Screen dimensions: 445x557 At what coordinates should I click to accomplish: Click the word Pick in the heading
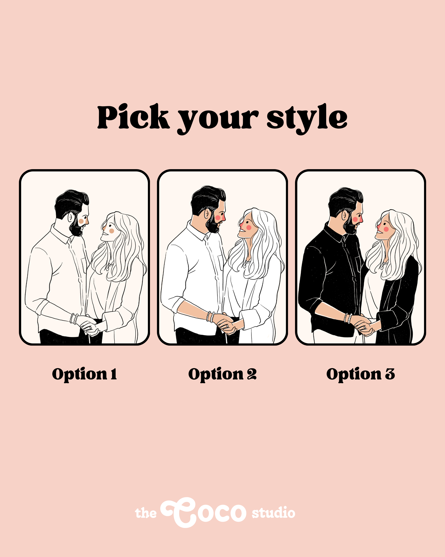pyautogui.click(x=133, y=117)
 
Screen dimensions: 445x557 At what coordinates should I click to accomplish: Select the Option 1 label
pyautogui.click(x=84, y=374)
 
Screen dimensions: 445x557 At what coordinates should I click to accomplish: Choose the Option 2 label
pyautogui.click(x=222, y=374)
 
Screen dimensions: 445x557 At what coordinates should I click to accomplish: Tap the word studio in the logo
pyautogui.click(x=273, y=513)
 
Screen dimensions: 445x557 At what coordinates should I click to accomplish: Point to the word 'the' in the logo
pyautogui.click(x=146, y=513)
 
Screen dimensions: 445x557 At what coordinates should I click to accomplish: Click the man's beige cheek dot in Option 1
pyautogui.click(x=81, y=221)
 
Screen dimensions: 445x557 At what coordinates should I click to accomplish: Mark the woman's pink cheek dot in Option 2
pyautogui.click(x=249, y=227)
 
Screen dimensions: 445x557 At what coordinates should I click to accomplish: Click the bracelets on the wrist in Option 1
pyautogui.click(x=74, y=319)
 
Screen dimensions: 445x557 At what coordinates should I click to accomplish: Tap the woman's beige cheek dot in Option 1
pyautogui.click(x=112, y=231)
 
